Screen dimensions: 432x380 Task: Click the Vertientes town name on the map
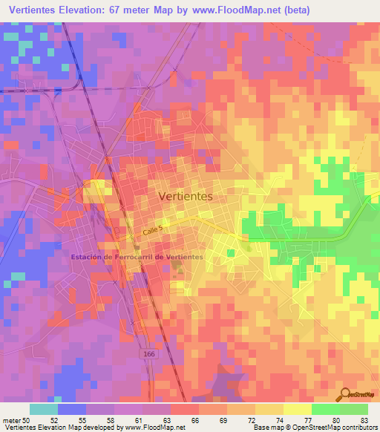pos(186,197)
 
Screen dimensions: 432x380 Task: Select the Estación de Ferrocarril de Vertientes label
pos(137,257)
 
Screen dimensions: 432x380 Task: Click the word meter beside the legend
pos(10,420)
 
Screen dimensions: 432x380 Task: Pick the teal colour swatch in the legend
pos(43,409)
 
